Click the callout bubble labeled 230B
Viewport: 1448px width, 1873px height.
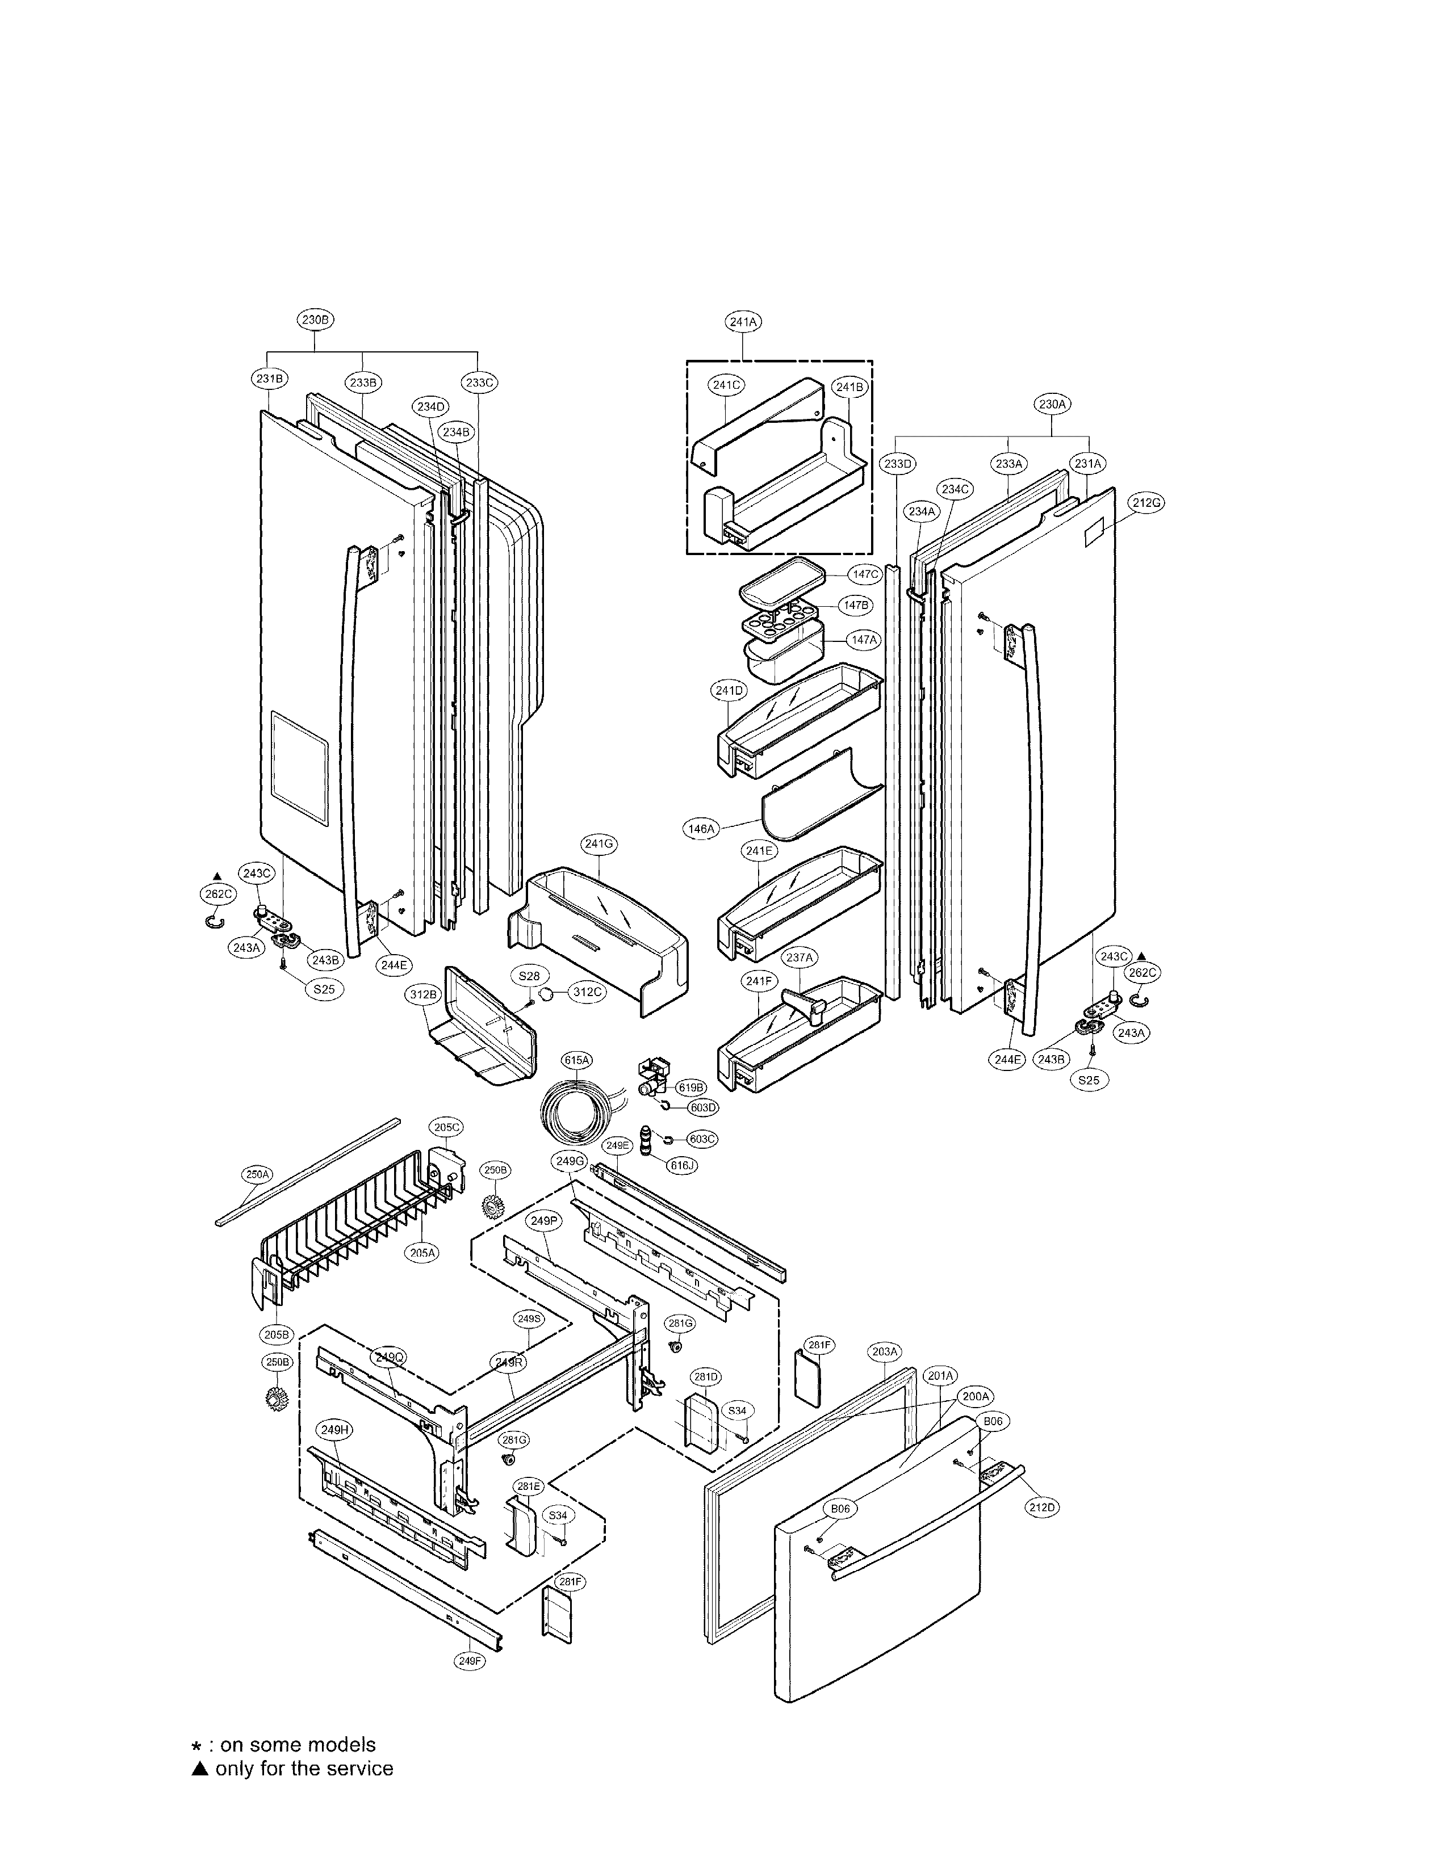click(x=314, y=320)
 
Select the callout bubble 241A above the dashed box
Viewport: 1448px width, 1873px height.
click(x=743, y=322)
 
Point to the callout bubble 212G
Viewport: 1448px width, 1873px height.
click(x=1146, y=503)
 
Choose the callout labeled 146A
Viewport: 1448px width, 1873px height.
click(x=700, y=829)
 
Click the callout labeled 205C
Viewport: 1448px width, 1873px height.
click(x=446, y=1127)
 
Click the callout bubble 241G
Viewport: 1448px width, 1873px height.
click(x=599, y=844)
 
